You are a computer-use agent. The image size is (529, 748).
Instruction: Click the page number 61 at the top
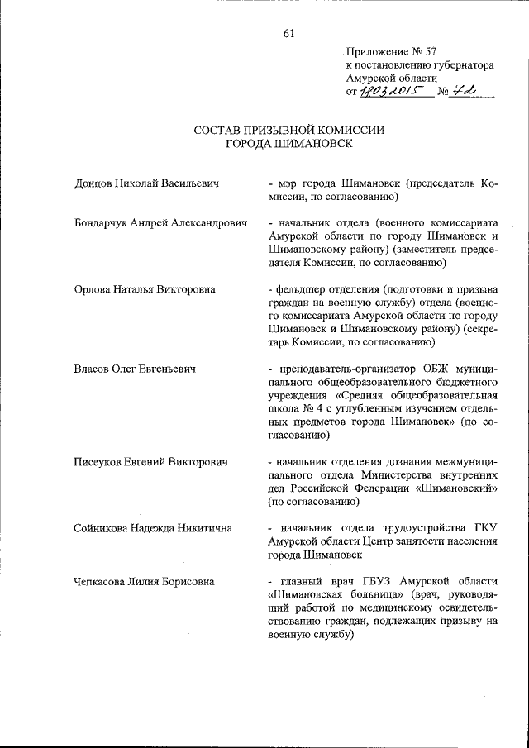coord(288,34)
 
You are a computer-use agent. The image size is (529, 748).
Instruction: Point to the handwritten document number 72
coord(469,91)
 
